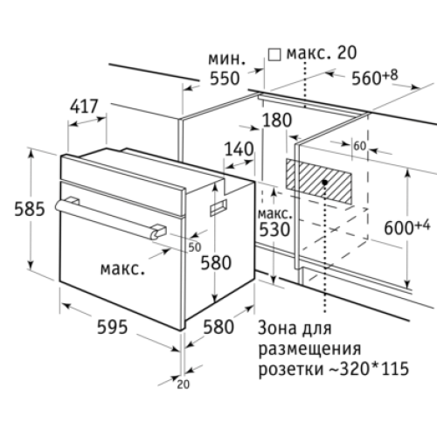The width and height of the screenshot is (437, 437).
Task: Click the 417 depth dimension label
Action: (84, 107)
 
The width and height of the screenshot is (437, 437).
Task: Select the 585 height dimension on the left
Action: (30, 209)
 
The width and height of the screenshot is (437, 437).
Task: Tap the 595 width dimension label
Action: (112, 327)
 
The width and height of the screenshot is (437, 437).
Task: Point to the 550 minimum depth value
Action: (225, 78)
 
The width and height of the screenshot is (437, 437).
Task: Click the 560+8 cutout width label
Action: (375, 77)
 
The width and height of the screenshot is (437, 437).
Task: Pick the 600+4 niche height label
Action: (407, 227)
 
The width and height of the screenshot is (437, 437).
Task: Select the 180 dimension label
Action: (277, 120)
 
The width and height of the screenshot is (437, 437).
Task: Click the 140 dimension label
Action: (239, 149)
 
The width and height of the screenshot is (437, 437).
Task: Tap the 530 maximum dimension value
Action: (274, 230)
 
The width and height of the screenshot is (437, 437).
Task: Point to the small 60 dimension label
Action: (360, 146)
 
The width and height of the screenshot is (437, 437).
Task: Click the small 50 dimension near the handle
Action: (195, 247)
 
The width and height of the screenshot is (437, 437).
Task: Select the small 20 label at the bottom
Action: (183, 385)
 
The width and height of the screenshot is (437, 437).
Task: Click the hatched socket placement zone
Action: (319, 181)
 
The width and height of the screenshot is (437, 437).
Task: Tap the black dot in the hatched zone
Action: (324, 183)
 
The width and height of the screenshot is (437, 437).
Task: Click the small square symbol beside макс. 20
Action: (274, 55)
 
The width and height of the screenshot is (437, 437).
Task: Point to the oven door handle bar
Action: (111, 218)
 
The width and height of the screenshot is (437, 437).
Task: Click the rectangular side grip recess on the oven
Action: (218, 207)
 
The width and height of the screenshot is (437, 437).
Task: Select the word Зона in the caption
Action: (275, 329)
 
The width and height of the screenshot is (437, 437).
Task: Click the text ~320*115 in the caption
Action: (369, 368)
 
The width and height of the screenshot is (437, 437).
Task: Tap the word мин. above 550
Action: (226, 59)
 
